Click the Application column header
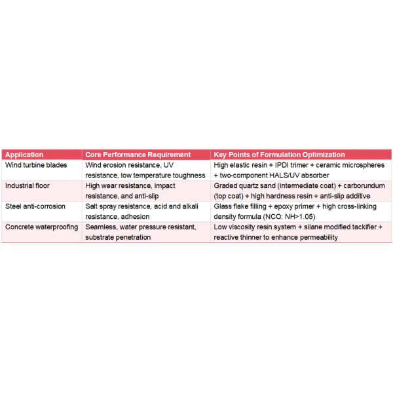point(24,155)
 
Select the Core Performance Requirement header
point(138,155)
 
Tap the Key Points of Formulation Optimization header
point(279,155)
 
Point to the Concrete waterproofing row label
point(41,227)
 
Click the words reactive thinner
point(237,236)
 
